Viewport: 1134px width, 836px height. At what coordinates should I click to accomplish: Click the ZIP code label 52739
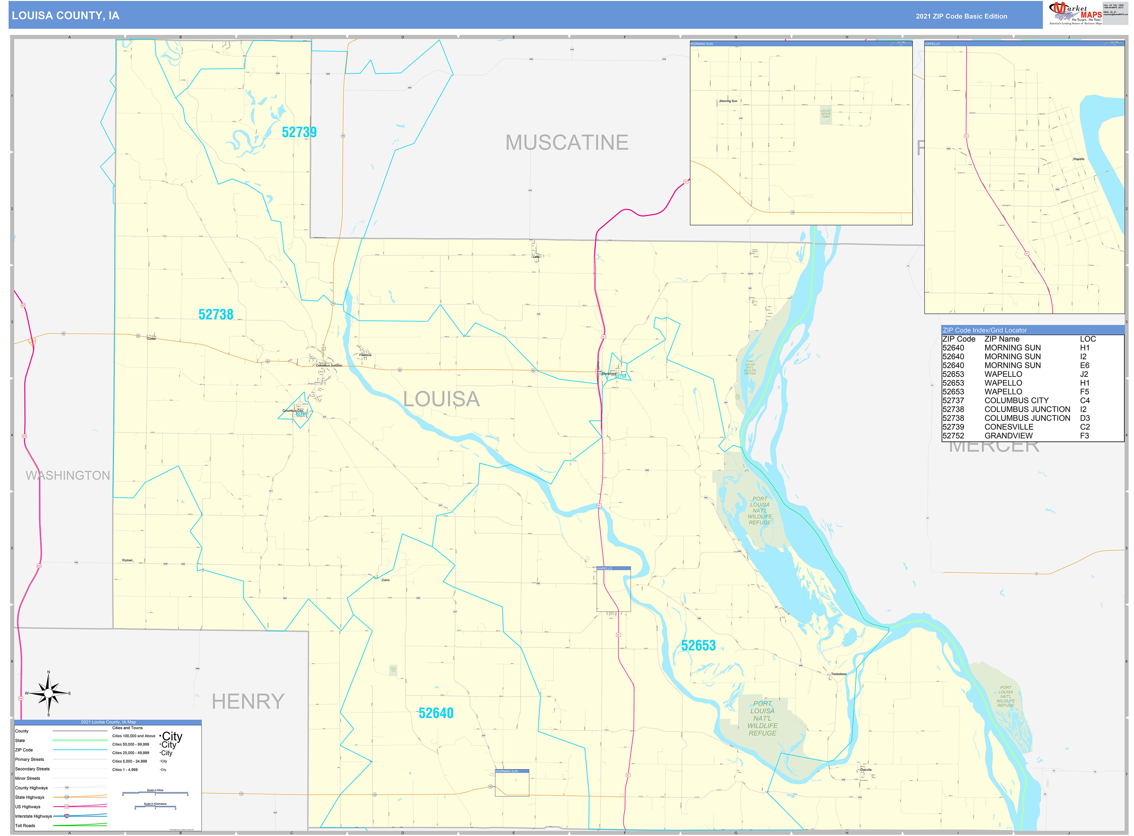[299, 132]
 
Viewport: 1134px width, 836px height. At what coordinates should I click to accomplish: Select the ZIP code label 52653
[698, 646]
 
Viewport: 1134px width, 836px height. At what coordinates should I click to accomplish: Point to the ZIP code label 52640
[435, 713]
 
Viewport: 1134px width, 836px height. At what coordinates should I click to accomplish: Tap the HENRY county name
[248, 701]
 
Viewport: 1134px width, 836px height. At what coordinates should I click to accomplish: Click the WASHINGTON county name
[68, 476]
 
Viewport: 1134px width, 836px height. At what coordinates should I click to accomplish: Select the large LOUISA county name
[441, 399]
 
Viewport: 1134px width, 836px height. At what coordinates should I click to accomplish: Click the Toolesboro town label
[839, 674]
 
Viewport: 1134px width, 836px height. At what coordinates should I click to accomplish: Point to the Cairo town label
[385, 580]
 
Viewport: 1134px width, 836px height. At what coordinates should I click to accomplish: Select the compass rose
[49, 693]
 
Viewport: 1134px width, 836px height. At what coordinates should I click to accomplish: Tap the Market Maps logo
[1075, 13]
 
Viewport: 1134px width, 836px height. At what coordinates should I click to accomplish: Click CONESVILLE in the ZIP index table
[1009, 427]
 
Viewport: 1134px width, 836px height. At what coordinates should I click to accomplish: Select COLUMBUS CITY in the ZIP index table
[1016, 400]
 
